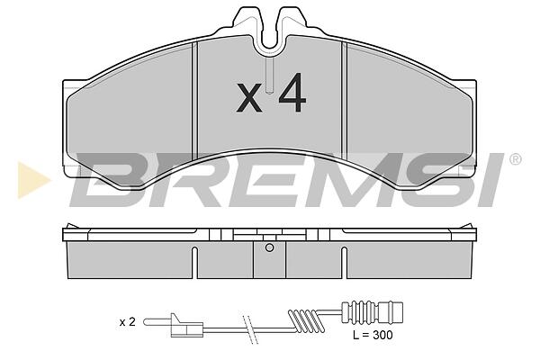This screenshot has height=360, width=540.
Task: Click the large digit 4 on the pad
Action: (x=292, y=93)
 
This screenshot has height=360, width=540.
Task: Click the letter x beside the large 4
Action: (x=249, y=97)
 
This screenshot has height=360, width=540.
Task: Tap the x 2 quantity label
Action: (x=128, y=322)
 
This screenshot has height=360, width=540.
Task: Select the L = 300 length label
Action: (x=373, y=335)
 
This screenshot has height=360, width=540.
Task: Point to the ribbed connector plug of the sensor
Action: (x=372, y=312)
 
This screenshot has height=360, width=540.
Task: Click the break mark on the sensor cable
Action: (x=249, y=329)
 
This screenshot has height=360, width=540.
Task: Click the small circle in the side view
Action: (x=270, y=247)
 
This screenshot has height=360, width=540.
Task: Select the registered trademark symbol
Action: (x=515, y=159)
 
